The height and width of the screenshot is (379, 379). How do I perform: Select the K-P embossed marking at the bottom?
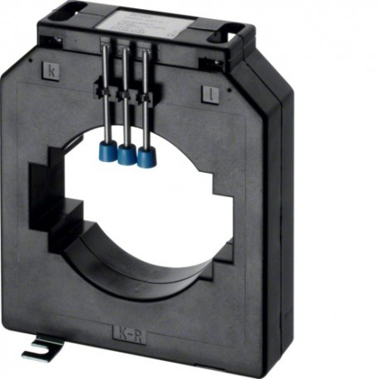coord(130,334)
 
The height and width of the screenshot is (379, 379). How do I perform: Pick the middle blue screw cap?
coord(127,154)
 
